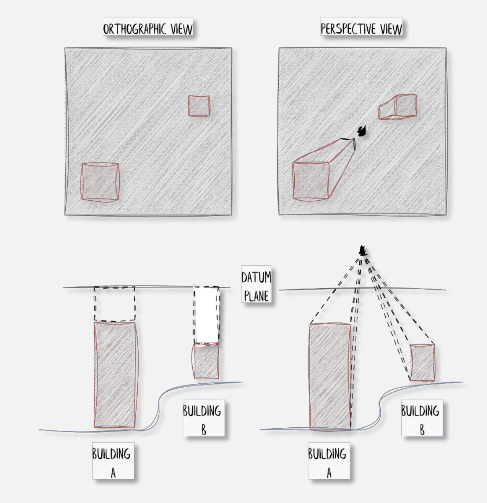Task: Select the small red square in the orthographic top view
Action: tap(199, 106)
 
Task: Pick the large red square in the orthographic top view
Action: tap(100, 182)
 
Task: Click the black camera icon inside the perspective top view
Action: tap(362, 131)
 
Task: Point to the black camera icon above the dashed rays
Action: tap(363, 250)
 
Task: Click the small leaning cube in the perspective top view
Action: tap(398, 107)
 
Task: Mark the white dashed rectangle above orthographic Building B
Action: tap(206, 314)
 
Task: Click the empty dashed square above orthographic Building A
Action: tap(114, 304)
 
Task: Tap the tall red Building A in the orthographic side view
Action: tap(115, 375)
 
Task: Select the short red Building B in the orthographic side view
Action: tap(206, 361)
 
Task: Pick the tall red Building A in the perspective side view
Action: tap(330, 376)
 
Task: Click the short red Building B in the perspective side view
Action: tap(422, 363)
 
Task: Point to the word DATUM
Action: tap(256, 277)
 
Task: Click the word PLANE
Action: tap(256, 296)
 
